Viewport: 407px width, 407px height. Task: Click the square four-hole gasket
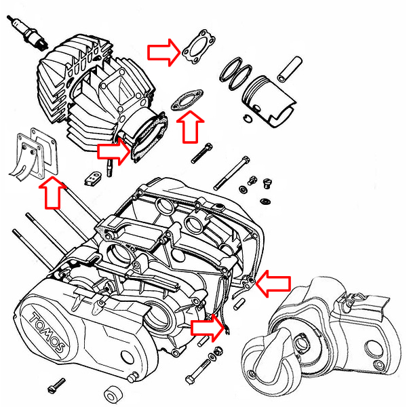click(195, 47)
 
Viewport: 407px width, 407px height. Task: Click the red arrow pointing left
click(276, 282)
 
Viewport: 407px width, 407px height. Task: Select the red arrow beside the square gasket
click(163, 51)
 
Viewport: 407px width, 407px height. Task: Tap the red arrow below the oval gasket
click(190, 127)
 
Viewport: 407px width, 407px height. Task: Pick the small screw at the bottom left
click(54, 389)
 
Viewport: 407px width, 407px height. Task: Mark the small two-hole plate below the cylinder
click(94, 178)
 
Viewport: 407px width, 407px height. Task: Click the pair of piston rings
click(235, 71)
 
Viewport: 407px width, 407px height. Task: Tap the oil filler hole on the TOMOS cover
click(124, 357)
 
